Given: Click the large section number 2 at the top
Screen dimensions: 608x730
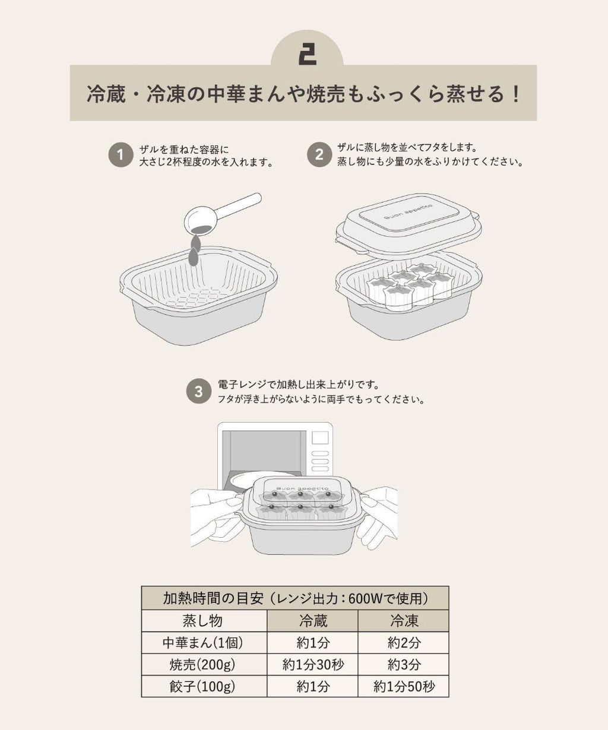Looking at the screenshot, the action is [307, 56].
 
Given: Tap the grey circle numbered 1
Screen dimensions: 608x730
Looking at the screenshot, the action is [121, 155].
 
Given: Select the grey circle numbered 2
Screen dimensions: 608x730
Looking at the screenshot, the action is [319, 154].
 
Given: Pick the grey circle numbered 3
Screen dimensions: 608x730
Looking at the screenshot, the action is [198, 391].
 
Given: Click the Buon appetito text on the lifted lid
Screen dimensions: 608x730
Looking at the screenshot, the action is [408, 212].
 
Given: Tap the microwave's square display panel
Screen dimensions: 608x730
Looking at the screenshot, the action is [320, 438].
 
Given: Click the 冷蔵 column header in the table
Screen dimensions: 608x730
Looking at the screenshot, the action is [313, 620].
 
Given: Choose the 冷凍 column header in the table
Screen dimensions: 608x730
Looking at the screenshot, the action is [404, 620].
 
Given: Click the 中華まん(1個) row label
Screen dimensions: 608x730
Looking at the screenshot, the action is [202, 643].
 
